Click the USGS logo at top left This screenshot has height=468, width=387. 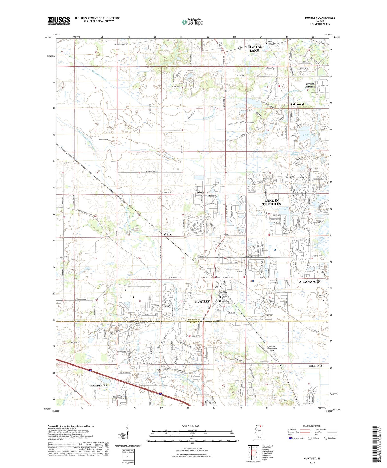pyautogui.click(x=59, y=21)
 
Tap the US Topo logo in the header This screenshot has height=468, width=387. pyautogui.click(x=192, y=22)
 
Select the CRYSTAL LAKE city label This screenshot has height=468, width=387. pyautogui.click(x=254, y=49)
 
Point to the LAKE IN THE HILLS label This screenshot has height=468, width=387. pyautogui.click(x=271, y=202)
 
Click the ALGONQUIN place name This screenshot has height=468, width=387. pyautogui.click(x=309, y=282)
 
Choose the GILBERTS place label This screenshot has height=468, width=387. pyautogui.click(x=315, y=366)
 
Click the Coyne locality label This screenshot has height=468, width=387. pyautogui.click(x=168, y=234)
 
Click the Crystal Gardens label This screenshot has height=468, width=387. pyautogui.click(x=310, y=85)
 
